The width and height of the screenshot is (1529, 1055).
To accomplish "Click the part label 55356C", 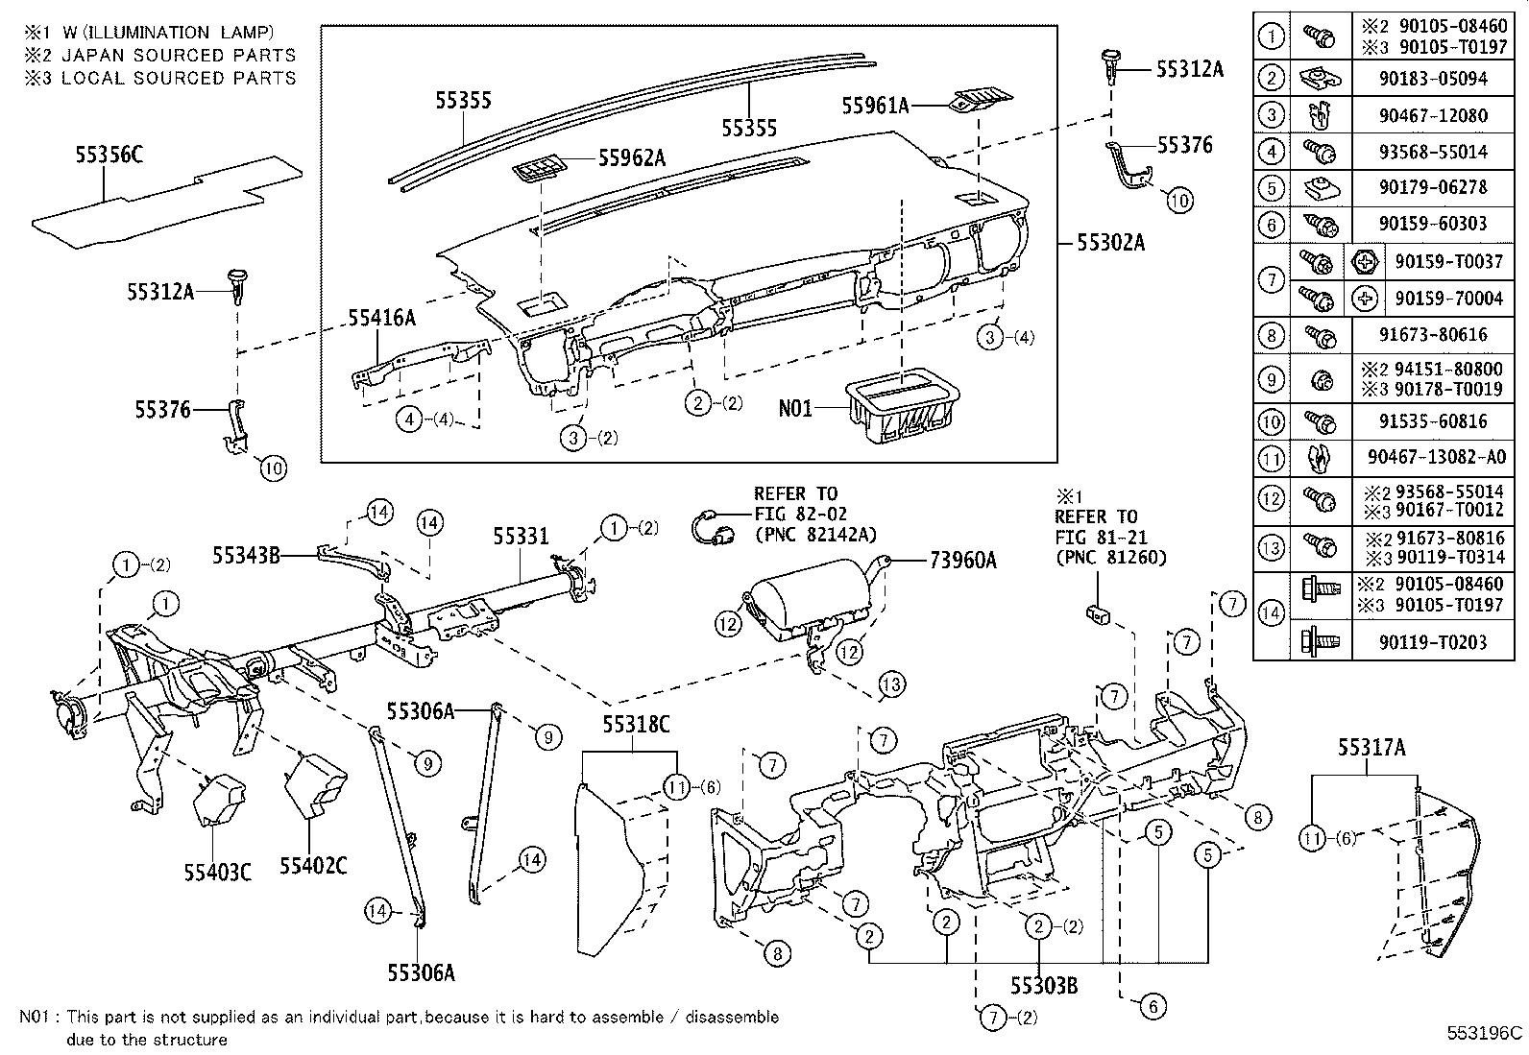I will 109,155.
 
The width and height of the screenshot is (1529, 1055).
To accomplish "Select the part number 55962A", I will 631,158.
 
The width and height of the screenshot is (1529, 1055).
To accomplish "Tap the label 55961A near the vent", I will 875,107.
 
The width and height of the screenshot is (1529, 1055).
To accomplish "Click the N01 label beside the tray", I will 794,409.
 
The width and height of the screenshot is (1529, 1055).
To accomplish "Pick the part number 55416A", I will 381,319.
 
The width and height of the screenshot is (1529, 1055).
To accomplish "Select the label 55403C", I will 218,872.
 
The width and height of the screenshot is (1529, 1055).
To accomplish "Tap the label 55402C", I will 313,866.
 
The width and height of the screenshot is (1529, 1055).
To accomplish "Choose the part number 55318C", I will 636,724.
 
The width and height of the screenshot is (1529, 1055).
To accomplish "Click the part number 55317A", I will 1371,748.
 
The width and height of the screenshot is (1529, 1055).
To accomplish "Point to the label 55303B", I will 1043,985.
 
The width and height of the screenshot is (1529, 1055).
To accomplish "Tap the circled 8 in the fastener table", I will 1271,334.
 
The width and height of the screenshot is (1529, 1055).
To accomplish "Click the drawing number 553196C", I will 1485,1034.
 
